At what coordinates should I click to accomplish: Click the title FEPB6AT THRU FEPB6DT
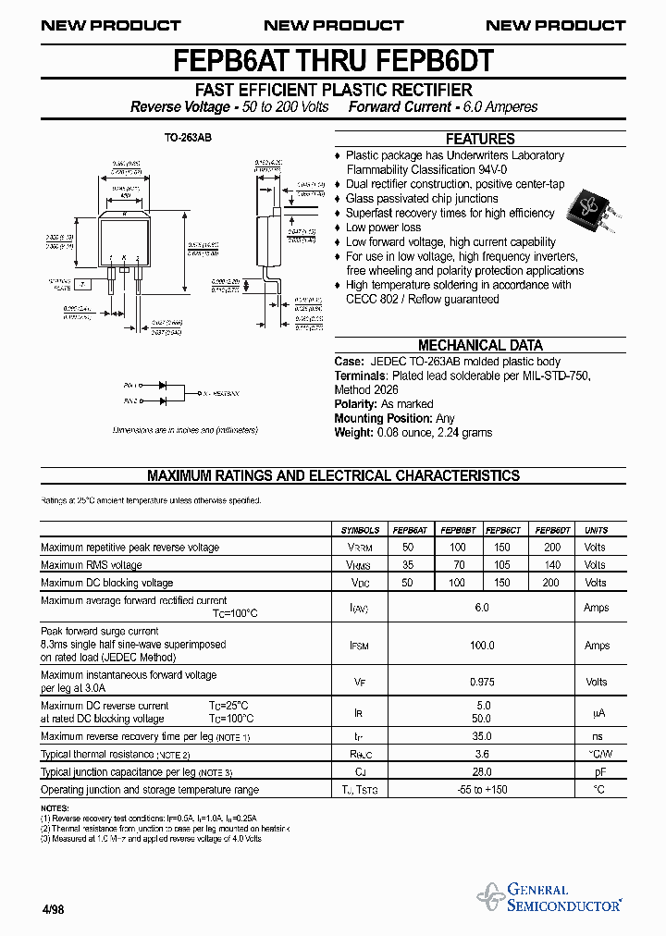coord(333,62)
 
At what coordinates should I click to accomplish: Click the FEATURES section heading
coord(480,139)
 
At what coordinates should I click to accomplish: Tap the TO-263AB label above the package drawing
coord(181,138)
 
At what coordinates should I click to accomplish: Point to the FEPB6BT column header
coord(457,530)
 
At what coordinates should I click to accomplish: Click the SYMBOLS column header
coord(360,530)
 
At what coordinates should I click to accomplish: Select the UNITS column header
coord(597,530)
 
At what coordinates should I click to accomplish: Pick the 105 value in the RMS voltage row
coord(502,565)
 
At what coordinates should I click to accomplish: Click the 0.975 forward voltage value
coord(481,682)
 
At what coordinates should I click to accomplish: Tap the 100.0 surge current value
coord(481,646)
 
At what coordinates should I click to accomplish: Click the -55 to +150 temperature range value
coord(481,790)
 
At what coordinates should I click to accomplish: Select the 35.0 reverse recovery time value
coord(481,736)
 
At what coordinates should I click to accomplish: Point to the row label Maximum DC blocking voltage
coord(107,583)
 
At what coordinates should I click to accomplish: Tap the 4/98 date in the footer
coord(53,910)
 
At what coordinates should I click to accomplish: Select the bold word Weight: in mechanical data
coord(353,432)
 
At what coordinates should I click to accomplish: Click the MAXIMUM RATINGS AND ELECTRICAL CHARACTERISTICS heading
coord(333,475)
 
